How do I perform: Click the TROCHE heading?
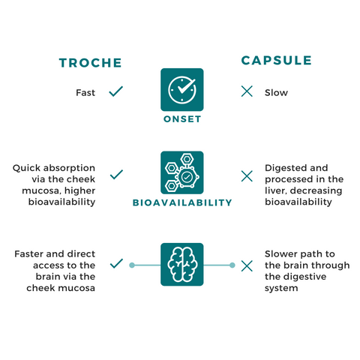pos(90,63)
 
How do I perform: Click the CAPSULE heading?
pos(276,61)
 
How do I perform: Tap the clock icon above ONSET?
pos(182,89)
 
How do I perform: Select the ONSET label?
pos(182,119)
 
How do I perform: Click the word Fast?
pos(85,93)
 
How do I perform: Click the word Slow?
pos(276,93)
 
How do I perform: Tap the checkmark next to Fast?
pos(116,91)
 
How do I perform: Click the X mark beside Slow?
pos(247,91)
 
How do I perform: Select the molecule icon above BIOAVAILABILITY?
pos(182,172)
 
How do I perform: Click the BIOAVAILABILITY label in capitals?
pos(182,202)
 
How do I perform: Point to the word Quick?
pos(27,168)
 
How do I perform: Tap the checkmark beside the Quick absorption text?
pos(116,175)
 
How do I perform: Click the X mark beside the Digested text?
pos(247,176)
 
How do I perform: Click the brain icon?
pos(182,264)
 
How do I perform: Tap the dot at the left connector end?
pos(132,265)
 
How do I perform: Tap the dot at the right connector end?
pos(232,265)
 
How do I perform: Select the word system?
pos(281,288)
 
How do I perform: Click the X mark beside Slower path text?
pos(247,265)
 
